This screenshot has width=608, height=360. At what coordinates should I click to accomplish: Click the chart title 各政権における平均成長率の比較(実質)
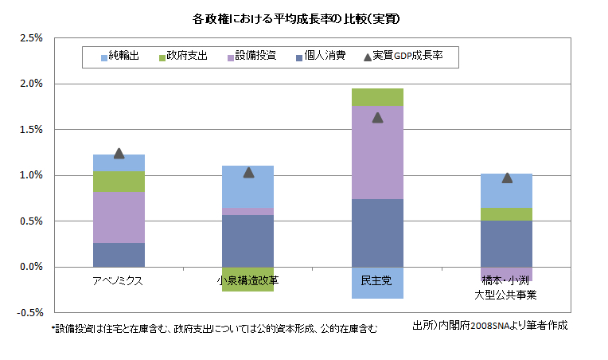click(303, 18)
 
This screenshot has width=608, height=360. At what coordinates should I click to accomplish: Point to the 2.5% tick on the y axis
click(29, 37)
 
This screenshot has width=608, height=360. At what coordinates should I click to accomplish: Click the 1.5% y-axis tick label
click(29, 129)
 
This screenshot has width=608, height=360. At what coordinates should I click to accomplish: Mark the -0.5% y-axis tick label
click(28, 312)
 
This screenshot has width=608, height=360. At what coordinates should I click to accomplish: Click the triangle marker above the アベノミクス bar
click(119, 153)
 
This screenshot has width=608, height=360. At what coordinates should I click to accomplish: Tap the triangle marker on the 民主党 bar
click(377, 117)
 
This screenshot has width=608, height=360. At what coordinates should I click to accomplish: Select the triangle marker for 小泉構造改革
click(248, 172)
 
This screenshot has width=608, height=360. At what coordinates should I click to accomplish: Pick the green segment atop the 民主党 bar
click(377, 97)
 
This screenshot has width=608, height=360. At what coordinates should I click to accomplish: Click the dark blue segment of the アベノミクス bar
click(119, 255)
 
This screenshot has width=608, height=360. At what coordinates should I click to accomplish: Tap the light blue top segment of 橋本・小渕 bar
click(507, 190)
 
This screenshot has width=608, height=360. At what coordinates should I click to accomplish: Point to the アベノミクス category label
click(119, 280)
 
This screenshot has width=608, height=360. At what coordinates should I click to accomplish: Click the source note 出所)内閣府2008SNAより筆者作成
click(490, 326)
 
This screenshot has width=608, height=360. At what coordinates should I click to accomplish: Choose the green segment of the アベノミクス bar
click(119, 182)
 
